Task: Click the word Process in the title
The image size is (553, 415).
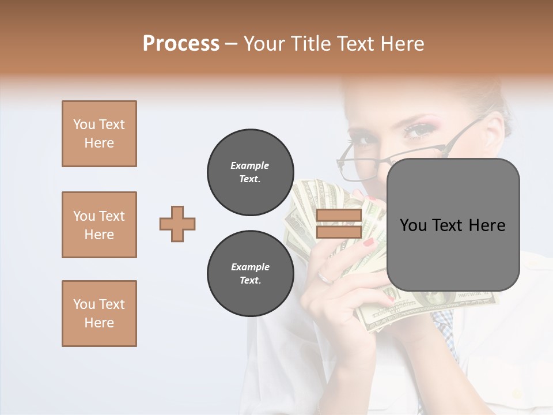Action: coord(181,44)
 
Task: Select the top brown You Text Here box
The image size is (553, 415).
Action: coord(99,134)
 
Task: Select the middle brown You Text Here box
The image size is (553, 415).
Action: coord(99,225)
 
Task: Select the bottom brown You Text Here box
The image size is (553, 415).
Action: coord(99,314)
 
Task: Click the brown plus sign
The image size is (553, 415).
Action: coord(177,224)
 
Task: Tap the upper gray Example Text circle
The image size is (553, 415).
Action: coord(250,172)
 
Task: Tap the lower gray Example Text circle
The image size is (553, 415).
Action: coord(250,274)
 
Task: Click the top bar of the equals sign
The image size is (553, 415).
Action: coord(339,216)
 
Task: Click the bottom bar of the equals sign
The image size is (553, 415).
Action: coord(339,232)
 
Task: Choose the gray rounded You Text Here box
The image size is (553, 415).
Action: coord(453,225)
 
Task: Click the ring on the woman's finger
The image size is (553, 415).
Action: coord(325,278)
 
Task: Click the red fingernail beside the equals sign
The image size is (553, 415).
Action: coord(368,242)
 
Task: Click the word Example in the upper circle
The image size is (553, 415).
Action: coord(250,165)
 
